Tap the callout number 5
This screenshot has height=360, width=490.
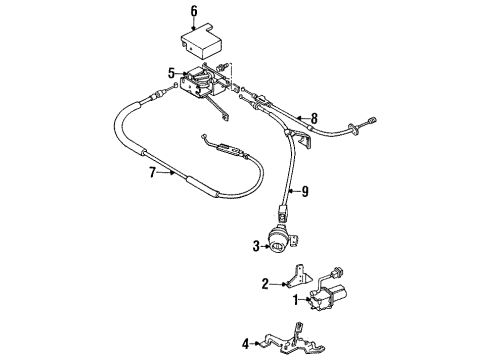pos(171,72)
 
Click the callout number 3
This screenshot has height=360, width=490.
pos(257,246)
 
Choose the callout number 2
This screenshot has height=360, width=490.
pos(264,284)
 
